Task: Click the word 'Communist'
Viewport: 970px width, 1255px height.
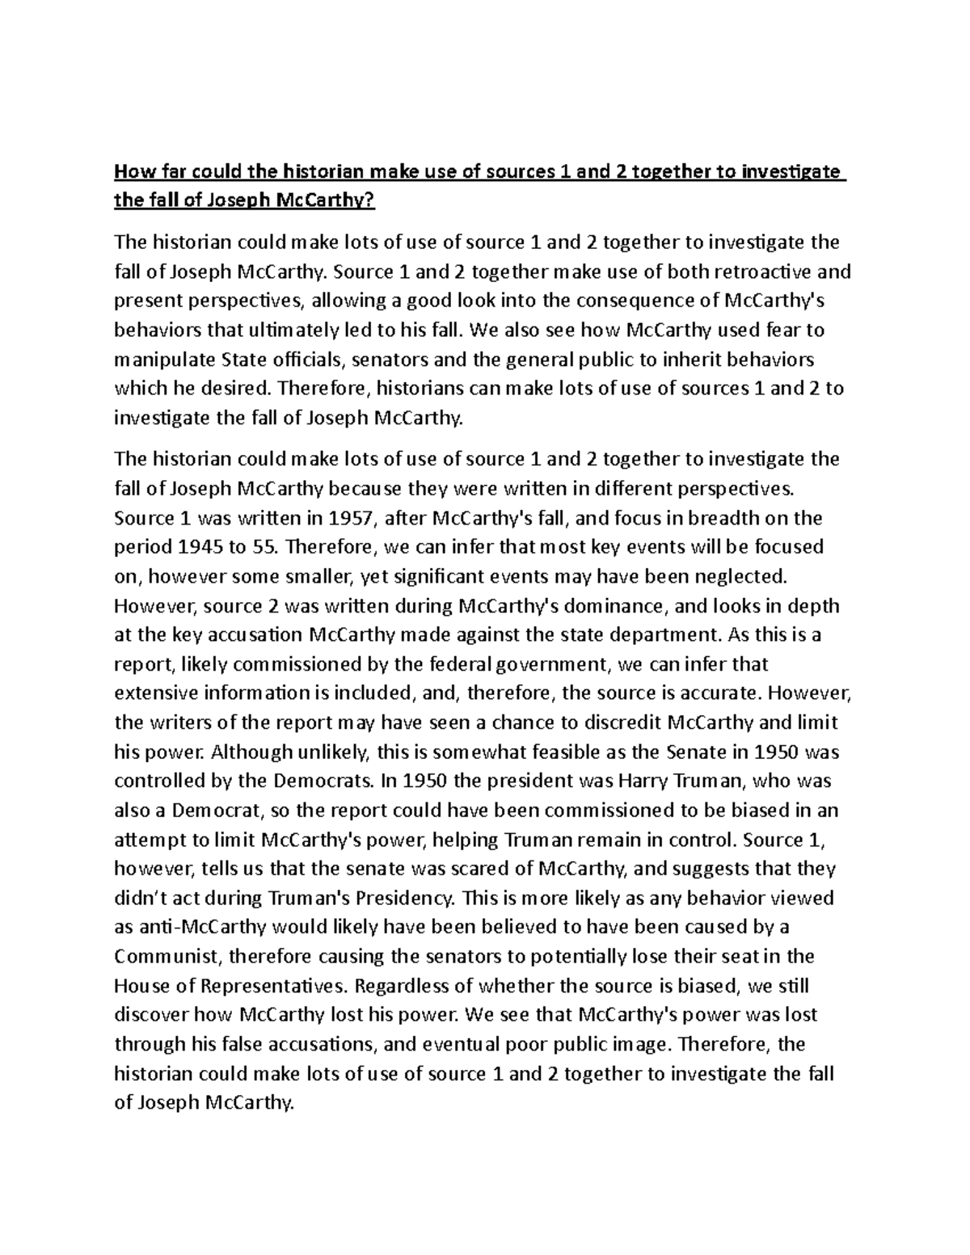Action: [x=167, y=957]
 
